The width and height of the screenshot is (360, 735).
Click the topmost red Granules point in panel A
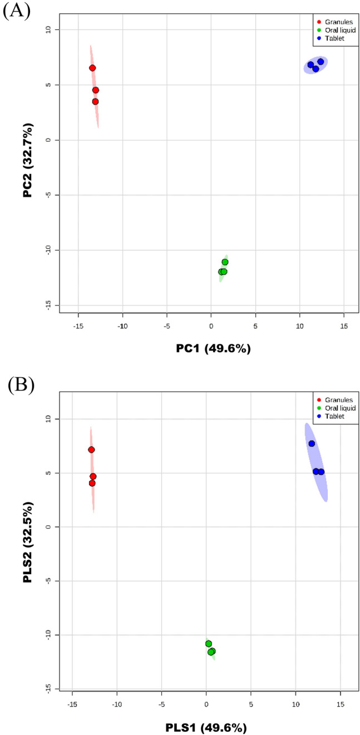coord(92,68)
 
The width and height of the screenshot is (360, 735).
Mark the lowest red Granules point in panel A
coord(95,102)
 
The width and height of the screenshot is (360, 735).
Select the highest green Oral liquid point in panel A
coord(225,262)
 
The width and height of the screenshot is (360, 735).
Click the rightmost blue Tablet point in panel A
coord(320,62)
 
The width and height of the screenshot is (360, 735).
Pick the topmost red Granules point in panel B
coord(91,450)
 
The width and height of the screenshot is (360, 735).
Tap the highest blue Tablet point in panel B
coord(312,443)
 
